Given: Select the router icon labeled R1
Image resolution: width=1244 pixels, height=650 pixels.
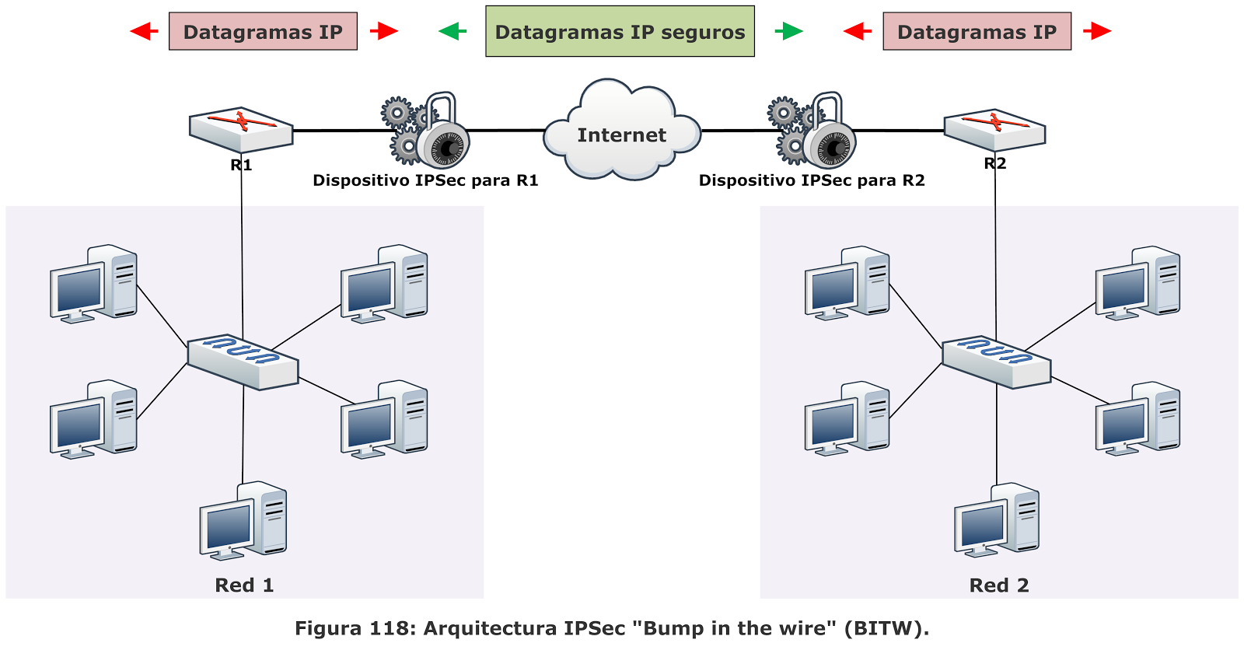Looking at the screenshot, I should (241, 129).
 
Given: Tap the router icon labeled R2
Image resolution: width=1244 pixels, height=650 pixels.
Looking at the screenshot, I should (994, 129).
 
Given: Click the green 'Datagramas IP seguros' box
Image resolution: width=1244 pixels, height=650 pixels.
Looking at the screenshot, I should (620, 32).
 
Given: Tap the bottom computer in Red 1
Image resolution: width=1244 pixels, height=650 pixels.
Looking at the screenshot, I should (243, 520).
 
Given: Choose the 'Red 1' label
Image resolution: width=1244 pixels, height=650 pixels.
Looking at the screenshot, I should (244, 585).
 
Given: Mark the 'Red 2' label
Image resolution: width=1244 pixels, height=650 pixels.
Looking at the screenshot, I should (998, 585).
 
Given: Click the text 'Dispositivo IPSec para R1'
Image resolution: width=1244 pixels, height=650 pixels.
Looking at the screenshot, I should (425, 180).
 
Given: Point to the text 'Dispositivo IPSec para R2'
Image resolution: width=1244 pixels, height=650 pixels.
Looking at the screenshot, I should (812, 180).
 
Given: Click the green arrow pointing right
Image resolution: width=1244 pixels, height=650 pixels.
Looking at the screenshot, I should (789, 31).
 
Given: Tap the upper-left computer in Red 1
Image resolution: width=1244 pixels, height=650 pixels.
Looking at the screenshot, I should (93, 283).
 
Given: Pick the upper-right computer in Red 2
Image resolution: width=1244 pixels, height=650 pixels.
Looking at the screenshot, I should (1137, 283).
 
